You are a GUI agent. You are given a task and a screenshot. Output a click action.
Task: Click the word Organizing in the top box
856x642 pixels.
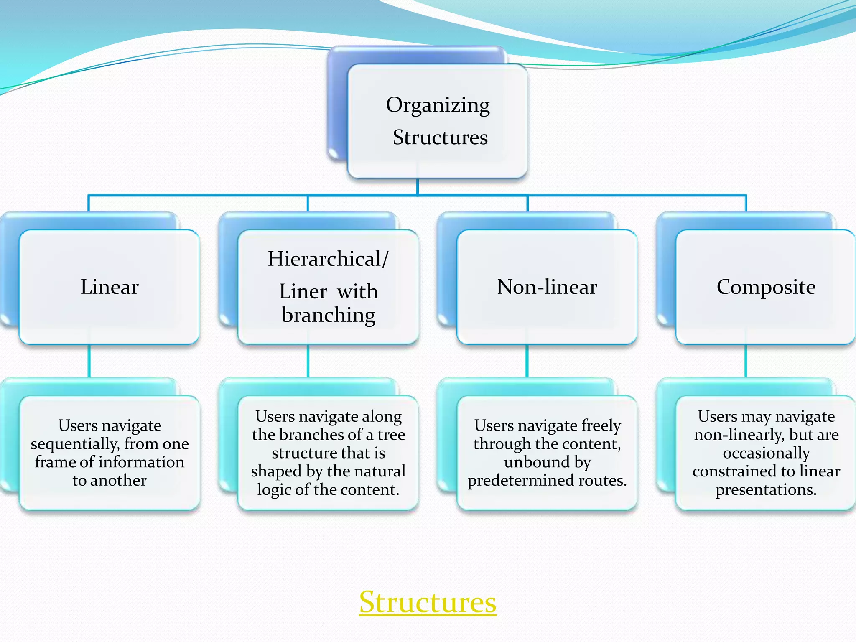pyautogui.click(x=438, y=105)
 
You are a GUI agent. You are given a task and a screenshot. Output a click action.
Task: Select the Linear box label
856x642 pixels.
pyautogui.click(x=110, y=287)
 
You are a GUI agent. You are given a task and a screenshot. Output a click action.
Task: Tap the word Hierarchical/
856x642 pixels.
pyautogui.click(x=328, y=259)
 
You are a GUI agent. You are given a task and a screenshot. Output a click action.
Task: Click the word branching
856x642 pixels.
pyautogui.click(x=329, y=315)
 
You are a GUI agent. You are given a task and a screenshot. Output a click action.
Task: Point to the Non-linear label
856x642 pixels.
pyautogui.click(x=547, y=287)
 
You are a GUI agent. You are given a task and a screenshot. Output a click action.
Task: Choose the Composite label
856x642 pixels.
pyautogui.click(x=766, y=287)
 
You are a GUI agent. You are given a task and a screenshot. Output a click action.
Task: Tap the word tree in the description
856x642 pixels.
pyautogui.click(x=391, y=435)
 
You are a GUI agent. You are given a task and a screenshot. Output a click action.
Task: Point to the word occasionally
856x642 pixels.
pyautogui.click(x=766, y=453)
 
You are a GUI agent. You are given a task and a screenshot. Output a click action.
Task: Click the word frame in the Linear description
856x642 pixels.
pyautogui.click(x=55, y=462)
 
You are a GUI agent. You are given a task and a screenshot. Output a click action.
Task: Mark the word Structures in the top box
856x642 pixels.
pyautogui.click(x=440, y=138)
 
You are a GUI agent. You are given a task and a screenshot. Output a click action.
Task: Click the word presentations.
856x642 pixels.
pyautogui.click(x=766, y=490)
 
